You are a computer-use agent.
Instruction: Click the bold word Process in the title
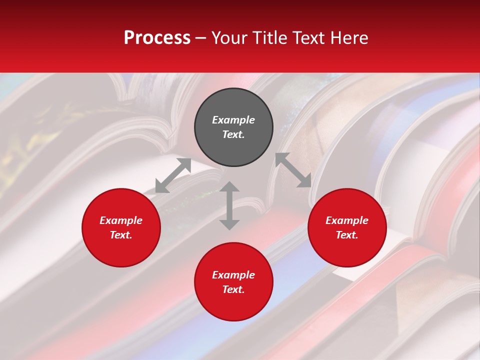pos(157,38)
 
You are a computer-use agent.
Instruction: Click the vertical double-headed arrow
pos(229,205)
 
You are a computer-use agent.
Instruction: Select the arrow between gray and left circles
pos(173,175)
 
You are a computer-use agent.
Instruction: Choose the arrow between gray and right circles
pos(293,170)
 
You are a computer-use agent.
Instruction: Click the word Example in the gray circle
pos(233,120)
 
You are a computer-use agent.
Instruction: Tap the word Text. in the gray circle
pos(233,134)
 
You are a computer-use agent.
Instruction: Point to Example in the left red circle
pos(121,220)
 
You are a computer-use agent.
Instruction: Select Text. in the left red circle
pos(121,235)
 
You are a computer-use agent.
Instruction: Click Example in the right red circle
pos(347,220)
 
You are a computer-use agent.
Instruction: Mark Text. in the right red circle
pos(347,235)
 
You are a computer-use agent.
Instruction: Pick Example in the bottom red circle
pos(233,275)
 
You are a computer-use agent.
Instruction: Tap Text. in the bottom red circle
pos(233,289)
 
